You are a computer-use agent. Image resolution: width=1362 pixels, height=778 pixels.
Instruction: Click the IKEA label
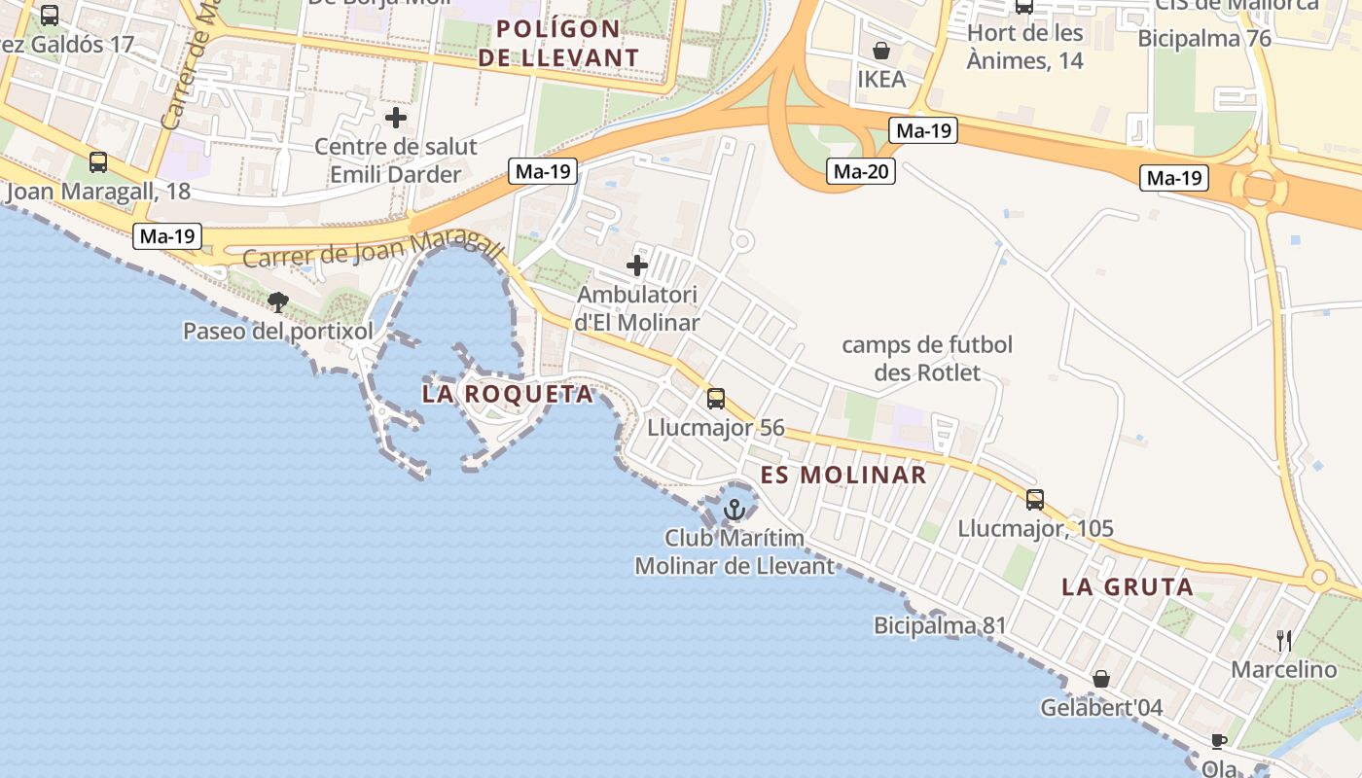tap(881, 79)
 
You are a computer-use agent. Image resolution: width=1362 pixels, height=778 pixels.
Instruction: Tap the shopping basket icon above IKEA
tap(881, 50)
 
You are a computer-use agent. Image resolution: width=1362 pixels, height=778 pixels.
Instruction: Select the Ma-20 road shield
tap(861, 172)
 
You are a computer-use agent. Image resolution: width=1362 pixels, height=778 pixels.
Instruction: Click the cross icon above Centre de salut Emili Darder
tap(396, 119)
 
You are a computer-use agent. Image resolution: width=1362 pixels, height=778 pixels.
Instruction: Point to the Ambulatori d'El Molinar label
tap(637, 307)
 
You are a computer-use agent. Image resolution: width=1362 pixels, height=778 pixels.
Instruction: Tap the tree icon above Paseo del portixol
tap(278, 301)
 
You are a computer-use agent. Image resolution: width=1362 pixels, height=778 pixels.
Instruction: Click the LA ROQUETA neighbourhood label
tap(508, 394)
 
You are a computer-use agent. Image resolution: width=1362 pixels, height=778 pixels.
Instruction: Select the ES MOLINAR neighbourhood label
tap(843, 475)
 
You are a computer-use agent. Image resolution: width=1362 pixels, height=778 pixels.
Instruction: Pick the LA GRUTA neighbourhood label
tap(1128, 586)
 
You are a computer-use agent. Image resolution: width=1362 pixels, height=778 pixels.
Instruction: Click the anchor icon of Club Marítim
tap(735, 509)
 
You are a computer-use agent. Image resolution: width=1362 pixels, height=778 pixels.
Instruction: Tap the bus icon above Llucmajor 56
tap(716, 398)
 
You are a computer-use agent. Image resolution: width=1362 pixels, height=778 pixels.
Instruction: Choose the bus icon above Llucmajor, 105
tap(1035, 500)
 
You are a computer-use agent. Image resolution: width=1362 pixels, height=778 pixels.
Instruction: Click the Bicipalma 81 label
tap(940, 625)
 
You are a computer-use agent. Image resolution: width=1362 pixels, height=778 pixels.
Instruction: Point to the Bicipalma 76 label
tap(1204, 39)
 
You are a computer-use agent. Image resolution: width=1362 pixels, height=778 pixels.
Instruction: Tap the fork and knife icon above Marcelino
tap(1284, 640)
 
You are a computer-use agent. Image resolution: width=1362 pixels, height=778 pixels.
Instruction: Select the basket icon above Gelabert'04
tap(1101, 678)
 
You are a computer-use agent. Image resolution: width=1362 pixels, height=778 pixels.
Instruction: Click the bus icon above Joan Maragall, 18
tap(98, 162)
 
